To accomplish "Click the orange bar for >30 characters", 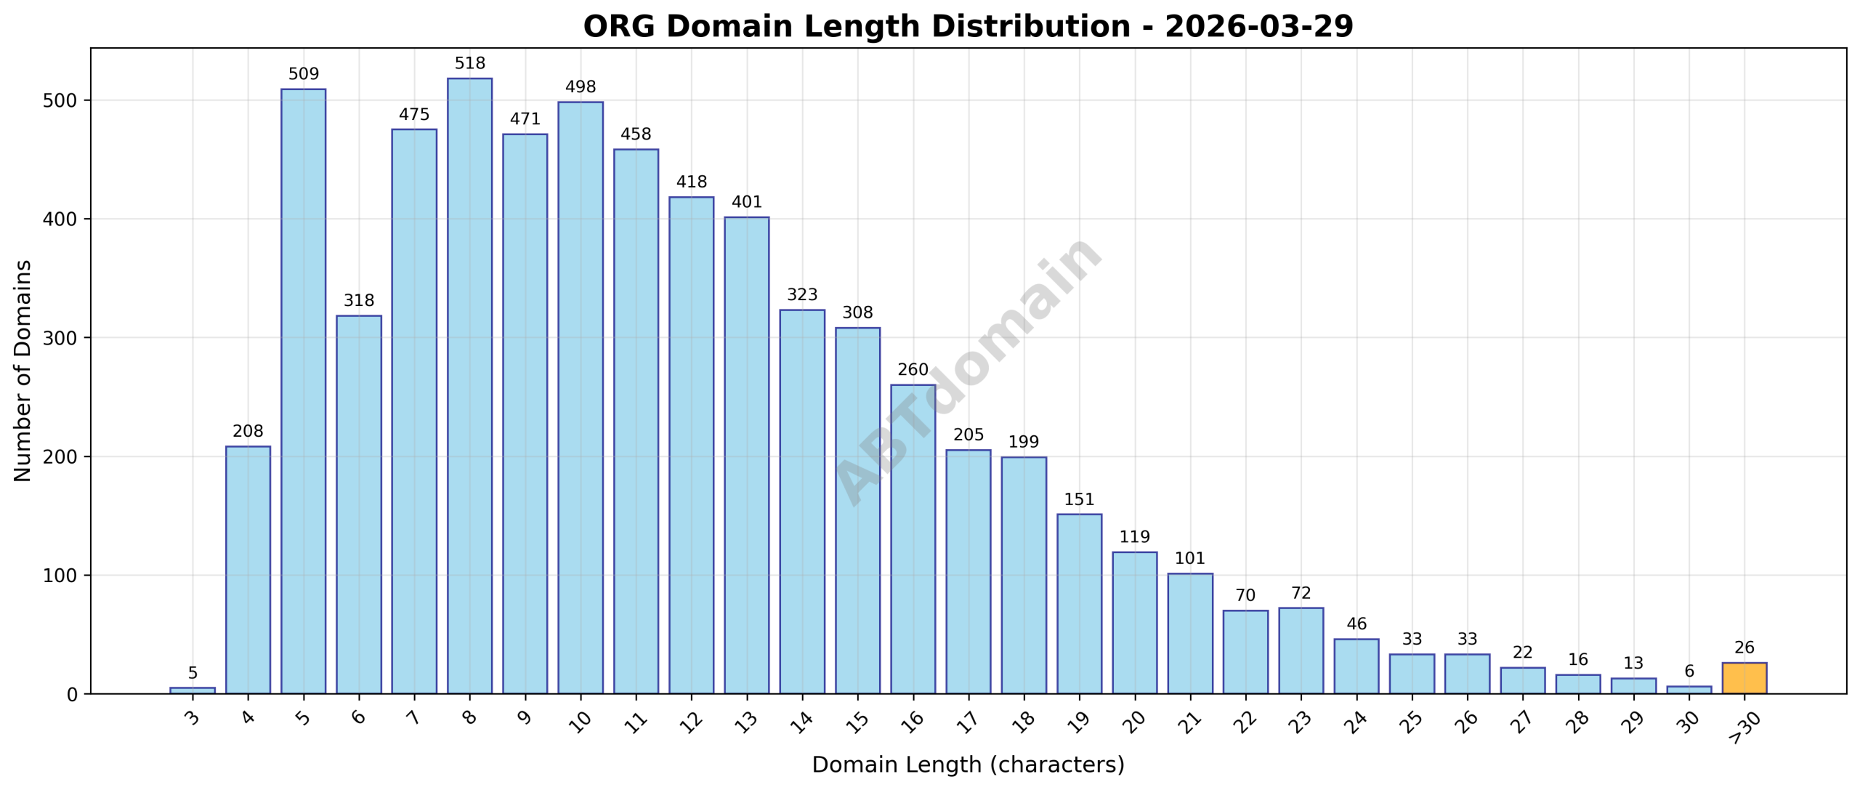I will [x=1744, y=678].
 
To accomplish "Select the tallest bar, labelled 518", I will [x=469, y=386].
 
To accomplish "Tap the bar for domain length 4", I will [x=248, y=570].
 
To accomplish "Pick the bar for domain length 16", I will [x=913, y=539].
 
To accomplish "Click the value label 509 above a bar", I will [x=304, y=74].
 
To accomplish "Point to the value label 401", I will [x=747, y=202].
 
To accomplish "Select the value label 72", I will [x=1301, y=593].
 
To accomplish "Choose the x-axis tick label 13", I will [x=746, y=722].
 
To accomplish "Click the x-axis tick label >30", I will [x=1742, y=727].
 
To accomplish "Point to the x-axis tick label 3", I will [x=193, y=718].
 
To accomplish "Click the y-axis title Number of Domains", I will [x=23, y=371].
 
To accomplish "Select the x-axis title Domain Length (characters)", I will [x=968, y=765].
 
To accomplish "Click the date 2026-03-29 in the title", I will [x=1259, y=27].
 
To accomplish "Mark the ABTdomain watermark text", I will [x=969, y=371].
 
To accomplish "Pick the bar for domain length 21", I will [x=1190, y=634].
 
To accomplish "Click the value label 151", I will [x=1079, y=500].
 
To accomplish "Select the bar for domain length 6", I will [x=359, y=504].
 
